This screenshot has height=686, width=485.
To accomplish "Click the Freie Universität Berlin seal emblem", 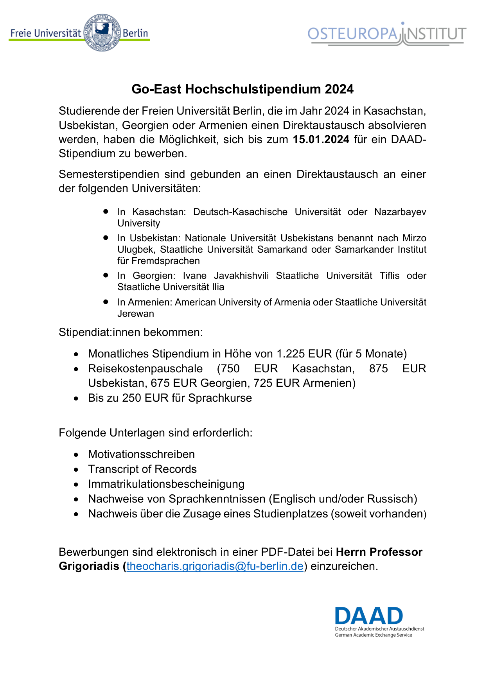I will pos(102,33).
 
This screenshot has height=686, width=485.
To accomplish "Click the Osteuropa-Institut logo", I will pos(386,34).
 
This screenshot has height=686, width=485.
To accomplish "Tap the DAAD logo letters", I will pos(368,616).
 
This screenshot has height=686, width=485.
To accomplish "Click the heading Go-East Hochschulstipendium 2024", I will pos(242,89).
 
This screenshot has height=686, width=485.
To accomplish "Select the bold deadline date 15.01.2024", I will pos(321,140).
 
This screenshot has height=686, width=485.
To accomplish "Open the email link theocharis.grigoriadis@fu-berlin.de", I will pos(215,566).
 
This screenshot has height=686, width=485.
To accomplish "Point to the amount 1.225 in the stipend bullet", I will pos(291,354).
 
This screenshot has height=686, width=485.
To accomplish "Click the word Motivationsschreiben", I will pos(141,454).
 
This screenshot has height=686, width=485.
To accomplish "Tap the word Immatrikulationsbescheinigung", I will pos(166,484).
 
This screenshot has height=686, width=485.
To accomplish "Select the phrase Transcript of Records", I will pos(142,469).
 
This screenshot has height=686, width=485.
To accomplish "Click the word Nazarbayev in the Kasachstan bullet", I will pos(400,212).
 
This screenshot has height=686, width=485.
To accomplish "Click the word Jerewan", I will pos(136,314).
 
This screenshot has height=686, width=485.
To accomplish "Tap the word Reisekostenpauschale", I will pos(145,369).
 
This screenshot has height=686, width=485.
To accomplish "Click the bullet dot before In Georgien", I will pos(106,275).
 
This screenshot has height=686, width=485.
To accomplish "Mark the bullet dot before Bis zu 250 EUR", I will pos(76,399).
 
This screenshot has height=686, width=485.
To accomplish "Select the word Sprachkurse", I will pos(220,398).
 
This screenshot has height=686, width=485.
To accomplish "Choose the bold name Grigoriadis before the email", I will pos(89,566).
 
